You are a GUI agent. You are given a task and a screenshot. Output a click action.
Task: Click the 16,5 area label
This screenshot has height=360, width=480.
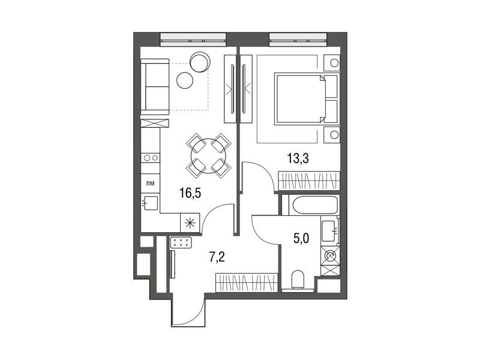tap(190, 193)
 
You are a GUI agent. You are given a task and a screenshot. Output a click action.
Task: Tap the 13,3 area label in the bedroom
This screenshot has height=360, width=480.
tap(298, 158)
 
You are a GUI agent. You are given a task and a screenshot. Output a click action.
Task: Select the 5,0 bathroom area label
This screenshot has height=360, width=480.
tap(301, 238)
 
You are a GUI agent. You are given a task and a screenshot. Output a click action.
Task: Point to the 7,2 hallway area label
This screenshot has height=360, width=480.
tap(217, 257)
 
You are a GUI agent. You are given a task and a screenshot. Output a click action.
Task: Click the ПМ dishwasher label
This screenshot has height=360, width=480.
tap(151, 184)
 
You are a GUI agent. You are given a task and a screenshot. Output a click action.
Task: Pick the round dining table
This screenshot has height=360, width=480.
tap(208, 156)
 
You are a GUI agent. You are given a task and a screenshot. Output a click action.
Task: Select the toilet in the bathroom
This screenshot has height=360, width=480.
tap(298, 280)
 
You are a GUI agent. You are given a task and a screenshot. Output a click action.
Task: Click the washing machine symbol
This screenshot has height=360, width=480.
tap(330, 256)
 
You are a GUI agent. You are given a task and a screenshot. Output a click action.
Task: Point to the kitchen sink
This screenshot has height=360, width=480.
tap(151, 203)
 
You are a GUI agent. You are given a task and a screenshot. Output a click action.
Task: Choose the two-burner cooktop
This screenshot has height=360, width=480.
tap(151, 158)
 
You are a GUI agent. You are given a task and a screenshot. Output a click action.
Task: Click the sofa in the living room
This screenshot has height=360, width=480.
tap(155, 86)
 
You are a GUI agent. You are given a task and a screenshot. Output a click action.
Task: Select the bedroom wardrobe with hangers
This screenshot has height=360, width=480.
tap(309, 181)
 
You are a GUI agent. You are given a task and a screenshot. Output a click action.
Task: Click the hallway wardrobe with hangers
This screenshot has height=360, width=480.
tap(247, 282)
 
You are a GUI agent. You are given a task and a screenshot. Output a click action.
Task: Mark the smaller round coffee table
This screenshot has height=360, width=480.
tap(185, 80)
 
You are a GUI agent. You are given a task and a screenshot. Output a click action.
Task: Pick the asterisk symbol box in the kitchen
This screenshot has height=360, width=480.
tap(190, 223)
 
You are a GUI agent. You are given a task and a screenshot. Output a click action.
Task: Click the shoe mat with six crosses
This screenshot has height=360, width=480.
tap(181, 242)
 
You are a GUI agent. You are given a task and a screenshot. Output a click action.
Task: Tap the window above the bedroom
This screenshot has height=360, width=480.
tap(298, 40)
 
